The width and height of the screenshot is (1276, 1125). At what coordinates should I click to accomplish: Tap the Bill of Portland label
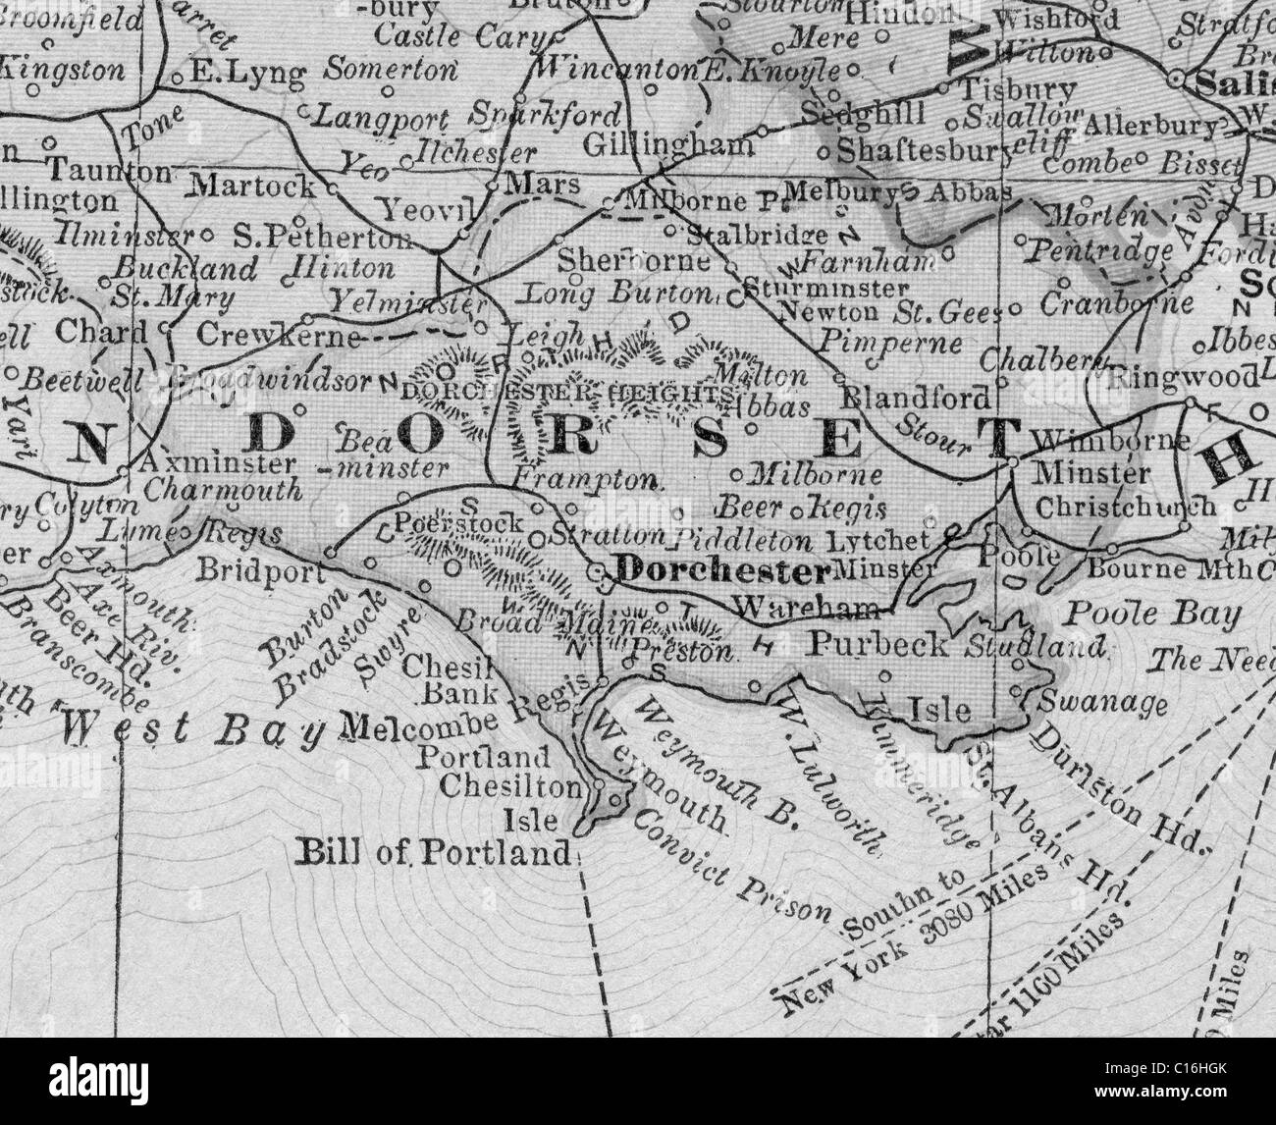(x=433, y=853)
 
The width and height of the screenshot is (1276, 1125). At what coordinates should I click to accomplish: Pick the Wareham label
(x=805, y=608)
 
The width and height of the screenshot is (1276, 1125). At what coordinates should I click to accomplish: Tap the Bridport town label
(x=260, y=571)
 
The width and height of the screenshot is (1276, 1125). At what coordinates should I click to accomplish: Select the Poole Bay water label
(x=1153, y=616)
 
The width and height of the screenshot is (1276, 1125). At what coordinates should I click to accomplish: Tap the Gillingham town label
(x=668, y=145)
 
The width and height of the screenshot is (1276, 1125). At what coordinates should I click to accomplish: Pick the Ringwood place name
(x=1183, y=377)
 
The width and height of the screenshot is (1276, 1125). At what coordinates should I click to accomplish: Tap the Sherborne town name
(x=633, y=261)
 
